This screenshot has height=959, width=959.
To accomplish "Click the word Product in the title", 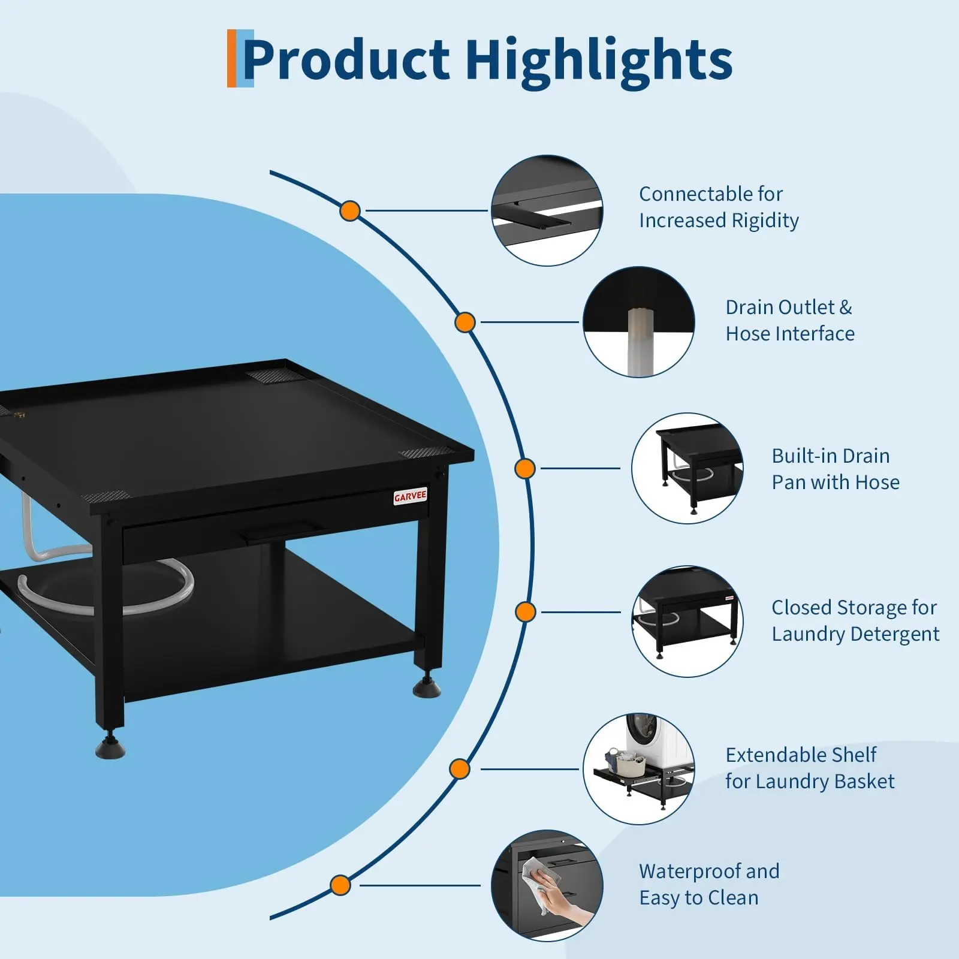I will pos(346,60).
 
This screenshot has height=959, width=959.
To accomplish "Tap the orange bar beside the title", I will pos(231,58).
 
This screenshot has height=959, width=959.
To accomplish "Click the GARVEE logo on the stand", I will pos(411,496).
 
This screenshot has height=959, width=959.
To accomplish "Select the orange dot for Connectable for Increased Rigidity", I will pos(350,211).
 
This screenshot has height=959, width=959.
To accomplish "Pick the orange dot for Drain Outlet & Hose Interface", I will pos(465,322).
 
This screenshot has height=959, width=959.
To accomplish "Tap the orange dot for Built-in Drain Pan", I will pos(525,469).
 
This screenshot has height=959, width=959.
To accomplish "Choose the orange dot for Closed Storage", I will pos(526,612).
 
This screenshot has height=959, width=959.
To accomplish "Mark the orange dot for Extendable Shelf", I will pos(460,769).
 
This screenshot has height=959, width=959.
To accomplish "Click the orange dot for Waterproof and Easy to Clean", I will pos(340,885).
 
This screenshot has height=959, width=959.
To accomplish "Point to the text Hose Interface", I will pos(790,334).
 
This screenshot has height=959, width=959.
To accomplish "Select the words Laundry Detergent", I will pos(855,634).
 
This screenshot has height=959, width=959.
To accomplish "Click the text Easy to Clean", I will pos(699,898).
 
